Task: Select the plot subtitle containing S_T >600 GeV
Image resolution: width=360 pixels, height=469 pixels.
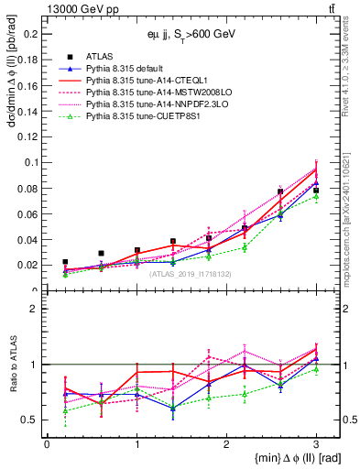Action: [192, 33]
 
